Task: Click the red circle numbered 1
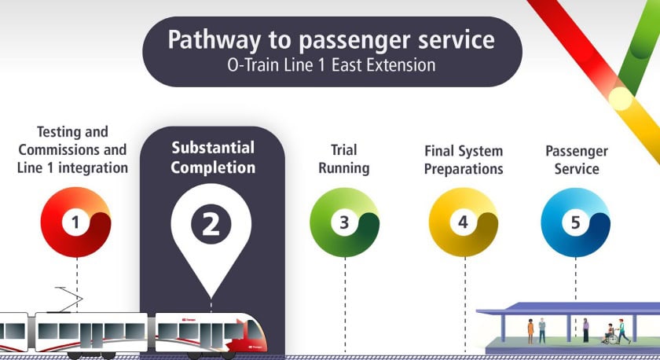pyautogui.click(x=75, y=222)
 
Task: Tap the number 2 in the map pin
pyautogui.click(x=211, y=224)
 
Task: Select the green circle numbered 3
pyautogui.click(x=344, y=222)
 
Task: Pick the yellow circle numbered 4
pyautogui.click(x=464, y=222)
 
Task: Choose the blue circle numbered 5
pyautogui.click(x=575, y=222)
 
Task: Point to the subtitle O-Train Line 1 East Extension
pyautogui.click(x=330, y=65)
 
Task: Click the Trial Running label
pyautogui.click(x=344, y=159)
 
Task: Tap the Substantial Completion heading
pyautogui.click(x=212, y=157)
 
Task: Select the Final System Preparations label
pyautogui.click(x=464, y=160)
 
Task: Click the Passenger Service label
pyautogui.click(x=576, y=160)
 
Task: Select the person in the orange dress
pyautogui.click(x=530, y=329)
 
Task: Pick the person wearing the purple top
pyautogui.click(x=585, y=329)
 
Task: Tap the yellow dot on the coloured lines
pyautogui.click(x=621, y=98)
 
